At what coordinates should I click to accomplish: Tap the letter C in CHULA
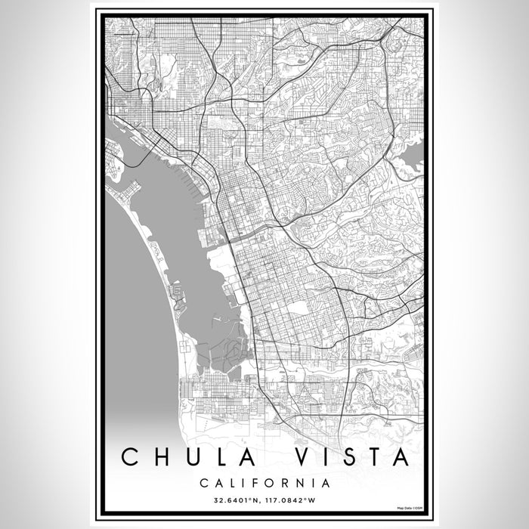pyautogui.click(x=131, y=457)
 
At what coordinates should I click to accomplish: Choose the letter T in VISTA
pyautogui.click(x=372, y=457)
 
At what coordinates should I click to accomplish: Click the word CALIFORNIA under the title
pyautogui.click(x=264, y=481)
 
